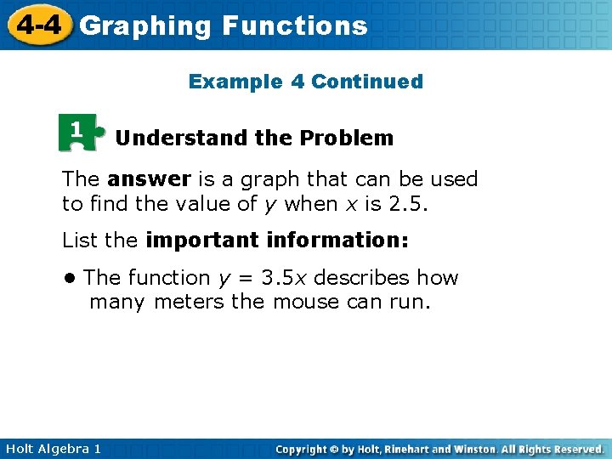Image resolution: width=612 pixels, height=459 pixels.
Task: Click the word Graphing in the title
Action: click(144, 26)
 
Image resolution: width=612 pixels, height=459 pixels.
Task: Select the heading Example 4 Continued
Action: click(305, 82)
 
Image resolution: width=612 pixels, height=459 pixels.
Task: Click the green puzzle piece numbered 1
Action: click(79, 132)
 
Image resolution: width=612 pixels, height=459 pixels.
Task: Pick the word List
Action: click(80, 241)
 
